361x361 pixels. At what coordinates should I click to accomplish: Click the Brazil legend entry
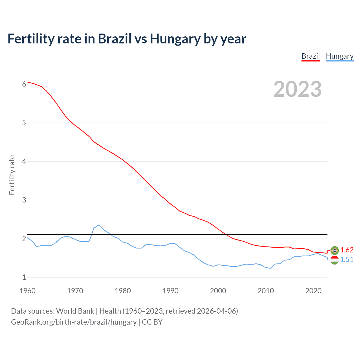tap(311, 56)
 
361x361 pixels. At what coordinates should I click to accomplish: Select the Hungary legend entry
tap(340, 56)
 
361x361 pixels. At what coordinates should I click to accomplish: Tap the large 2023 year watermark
tap(297, 89)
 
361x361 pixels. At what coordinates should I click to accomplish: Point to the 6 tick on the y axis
tap(24, 84)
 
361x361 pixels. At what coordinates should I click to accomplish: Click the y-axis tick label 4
tap(24, 161)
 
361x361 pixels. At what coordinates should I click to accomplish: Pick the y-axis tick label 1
tap(24, 277)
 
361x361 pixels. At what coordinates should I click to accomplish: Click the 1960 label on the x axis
tap(27, 291)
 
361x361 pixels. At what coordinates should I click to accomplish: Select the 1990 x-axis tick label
tap(170, 291)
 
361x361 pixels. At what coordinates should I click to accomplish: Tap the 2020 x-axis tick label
tap(313, 291)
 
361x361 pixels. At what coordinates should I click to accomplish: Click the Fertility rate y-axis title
tap(12, 175)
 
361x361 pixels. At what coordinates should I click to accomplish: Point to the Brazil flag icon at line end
tap(334, 250)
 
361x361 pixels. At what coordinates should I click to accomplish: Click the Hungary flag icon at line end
tap(334, 260)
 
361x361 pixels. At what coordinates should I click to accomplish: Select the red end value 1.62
tap(347, 250)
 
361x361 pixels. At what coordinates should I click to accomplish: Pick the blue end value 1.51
tap(347, 260)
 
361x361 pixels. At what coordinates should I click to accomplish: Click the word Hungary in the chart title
tap(175, 39)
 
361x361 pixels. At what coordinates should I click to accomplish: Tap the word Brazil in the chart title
tap(115, 39)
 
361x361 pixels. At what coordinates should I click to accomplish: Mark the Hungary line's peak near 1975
tap(98, 225)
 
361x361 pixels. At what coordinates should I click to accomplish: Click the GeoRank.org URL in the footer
tap(74, 322)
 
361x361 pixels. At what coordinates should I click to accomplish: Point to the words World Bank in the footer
tap(75, 311)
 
